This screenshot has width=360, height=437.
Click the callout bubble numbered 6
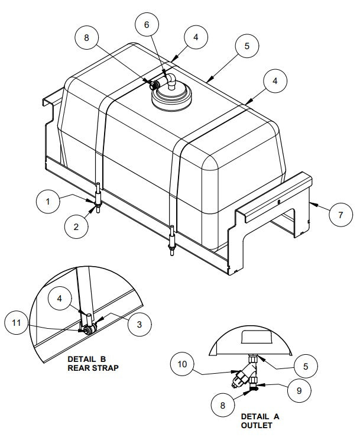pos(146,25)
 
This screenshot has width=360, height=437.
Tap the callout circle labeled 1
pos(49,202)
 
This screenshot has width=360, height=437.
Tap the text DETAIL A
pos(260,416)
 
